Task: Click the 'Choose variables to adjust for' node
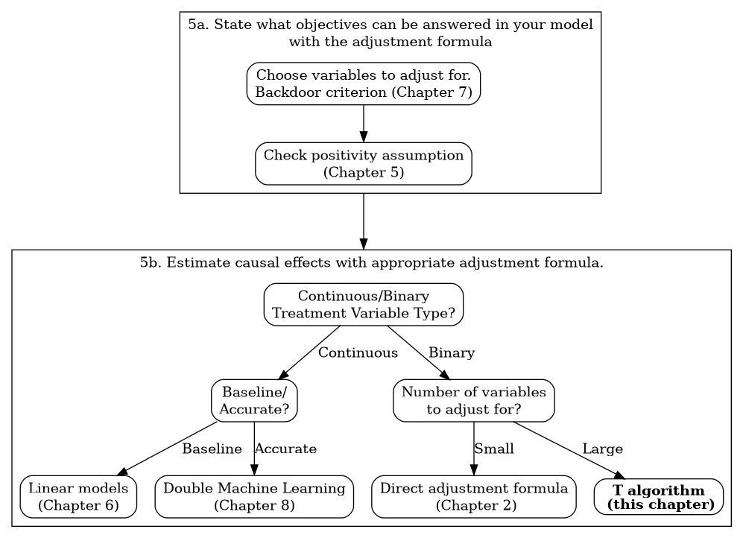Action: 363,83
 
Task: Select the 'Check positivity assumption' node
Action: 363,164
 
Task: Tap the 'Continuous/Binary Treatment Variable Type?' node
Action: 363,305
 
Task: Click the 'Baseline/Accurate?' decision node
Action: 254,401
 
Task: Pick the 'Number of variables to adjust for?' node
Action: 473,401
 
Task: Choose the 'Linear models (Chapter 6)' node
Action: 78,497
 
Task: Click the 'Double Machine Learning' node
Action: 254,497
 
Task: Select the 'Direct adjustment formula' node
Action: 473,497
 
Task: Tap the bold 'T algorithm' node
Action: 659,497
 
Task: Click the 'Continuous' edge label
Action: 358,352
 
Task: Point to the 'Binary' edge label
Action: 452,352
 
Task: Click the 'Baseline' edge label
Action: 212,449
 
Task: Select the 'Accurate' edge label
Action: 285,449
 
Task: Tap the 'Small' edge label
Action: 494,449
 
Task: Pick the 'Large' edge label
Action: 602,449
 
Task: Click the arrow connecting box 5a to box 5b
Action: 363,221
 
